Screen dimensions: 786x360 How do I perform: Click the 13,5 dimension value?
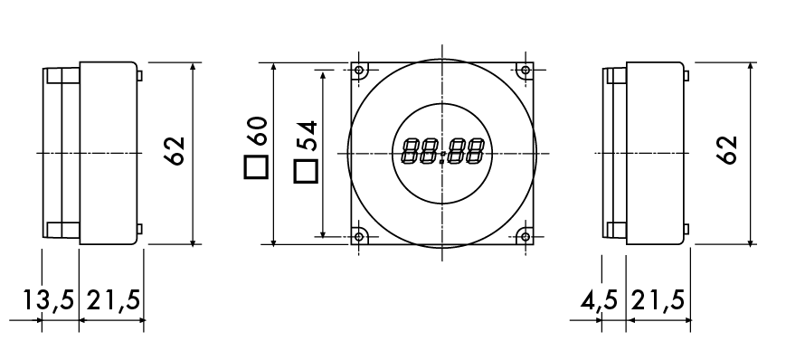pos(49,300)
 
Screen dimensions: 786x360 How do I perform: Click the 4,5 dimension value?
pos(599,301)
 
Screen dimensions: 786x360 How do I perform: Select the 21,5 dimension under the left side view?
pos(114,300)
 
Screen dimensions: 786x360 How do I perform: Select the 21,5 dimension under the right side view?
pos(658,301)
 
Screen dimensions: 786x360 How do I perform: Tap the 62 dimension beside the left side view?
pos(175,150)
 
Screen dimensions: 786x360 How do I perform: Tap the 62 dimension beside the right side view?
pos(727,149)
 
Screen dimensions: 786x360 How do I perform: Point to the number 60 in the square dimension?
pos(257,130)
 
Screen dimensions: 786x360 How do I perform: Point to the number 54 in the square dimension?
pos(307,136)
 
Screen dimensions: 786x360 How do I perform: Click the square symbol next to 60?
pos(256,167)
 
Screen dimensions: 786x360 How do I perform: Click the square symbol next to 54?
pos(306,172)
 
